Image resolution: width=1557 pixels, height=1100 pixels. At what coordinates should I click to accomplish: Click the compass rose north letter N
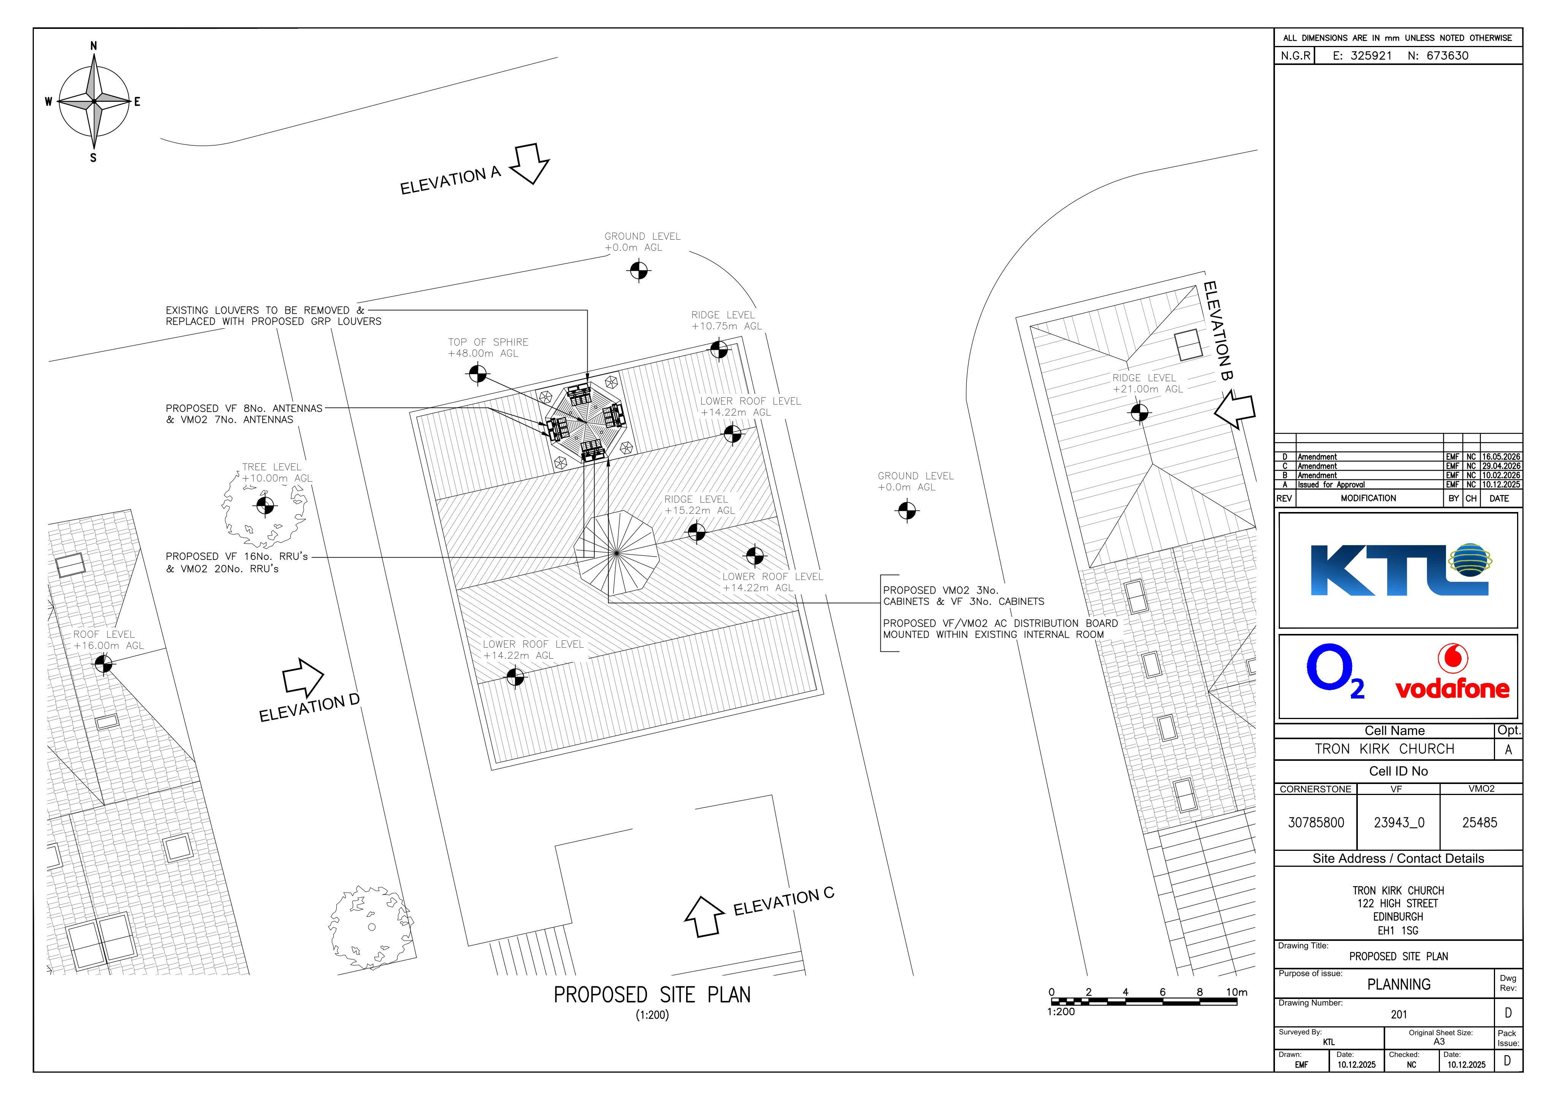tap(94, 46)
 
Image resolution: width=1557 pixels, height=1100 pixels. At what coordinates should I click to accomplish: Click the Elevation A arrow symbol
tap(530, 163)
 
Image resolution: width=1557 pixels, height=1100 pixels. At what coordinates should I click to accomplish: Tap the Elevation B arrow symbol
tap(1235, 411)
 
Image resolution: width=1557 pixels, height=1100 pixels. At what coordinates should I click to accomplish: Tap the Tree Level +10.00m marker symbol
tap(265, 505)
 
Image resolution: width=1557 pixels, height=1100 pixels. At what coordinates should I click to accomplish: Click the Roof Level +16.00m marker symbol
tap(103, 664)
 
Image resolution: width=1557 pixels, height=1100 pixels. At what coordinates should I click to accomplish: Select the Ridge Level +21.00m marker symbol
tap(1139, 411)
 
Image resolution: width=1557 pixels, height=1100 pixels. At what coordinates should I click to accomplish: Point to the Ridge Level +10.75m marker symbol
tap(719, 350)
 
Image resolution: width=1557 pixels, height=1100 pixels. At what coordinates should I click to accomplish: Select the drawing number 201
tap(1399, 1015)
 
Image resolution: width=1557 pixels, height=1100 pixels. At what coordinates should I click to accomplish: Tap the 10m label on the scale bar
tap(1236, 992)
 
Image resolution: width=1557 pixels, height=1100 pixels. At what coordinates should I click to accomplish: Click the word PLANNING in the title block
tap(1399, 984)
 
